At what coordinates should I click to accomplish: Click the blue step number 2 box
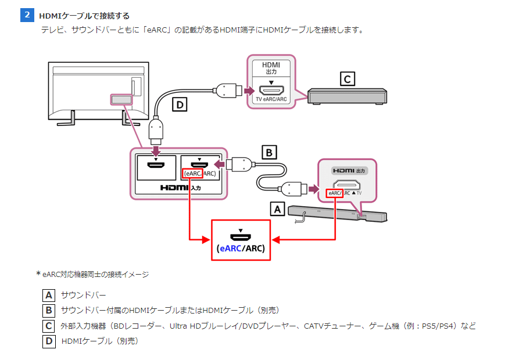(27, 15)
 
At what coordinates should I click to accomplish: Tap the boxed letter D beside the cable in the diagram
(181, 105)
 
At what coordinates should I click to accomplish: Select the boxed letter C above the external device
(347, 78)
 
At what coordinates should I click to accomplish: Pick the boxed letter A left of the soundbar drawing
(278, 208)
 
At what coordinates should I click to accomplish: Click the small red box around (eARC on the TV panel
(192, 173)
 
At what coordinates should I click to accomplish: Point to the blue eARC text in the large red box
(230, 249)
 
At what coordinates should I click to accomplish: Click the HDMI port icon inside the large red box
(241, 236)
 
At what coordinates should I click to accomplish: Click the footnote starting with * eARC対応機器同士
(92, 274)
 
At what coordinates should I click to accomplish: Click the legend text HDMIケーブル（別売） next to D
(100, 341)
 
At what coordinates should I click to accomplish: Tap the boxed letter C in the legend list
(49, 326)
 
